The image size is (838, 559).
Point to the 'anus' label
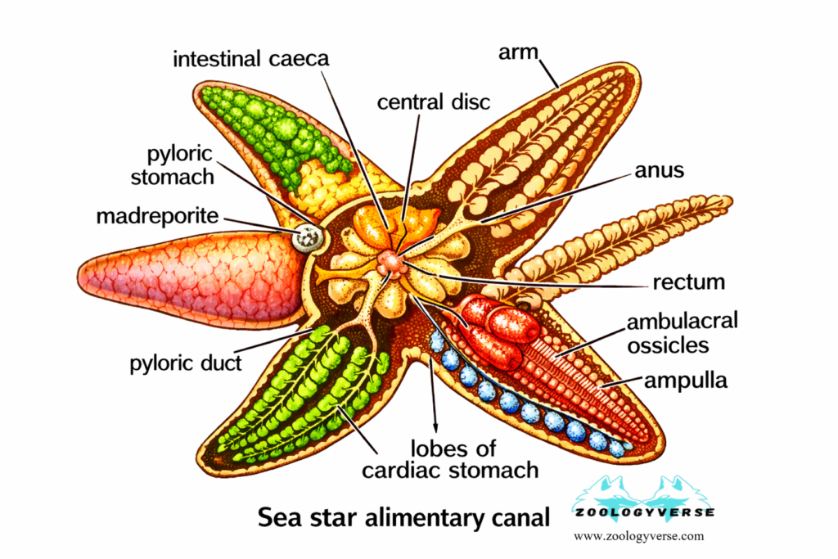pos(660,172)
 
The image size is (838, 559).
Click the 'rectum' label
pos(689,282)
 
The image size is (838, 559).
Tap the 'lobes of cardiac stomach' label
pos(474,459)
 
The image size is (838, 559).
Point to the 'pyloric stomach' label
pos(180,165)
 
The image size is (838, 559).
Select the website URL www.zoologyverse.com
pos(639,537)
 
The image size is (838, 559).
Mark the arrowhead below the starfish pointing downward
pos(435,426)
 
